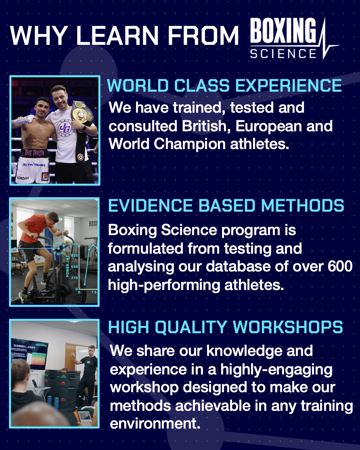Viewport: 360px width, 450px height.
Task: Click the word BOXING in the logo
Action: (x=283, y=31)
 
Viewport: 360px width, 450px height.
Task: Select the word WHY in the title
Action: (x=39, y=35)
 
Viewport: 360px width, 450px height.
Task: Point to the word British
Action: (x=204, y=126)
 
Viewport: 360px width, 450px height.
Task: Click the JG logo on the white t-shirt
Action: (x=65, y=128)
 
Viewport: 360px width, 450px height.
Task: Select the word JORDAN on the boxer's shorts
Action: (x=23, y=178)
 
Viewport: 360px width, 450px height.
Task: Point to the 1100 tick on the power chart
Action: (x=74, y=244)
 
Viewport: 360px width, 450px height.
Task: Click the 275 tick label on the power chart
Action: (x=75, y=278)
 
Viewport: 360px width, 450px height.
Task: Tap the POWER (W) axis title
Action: (x=68, y=267)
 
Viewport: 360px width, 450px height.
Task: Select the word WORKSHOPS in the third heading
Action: (x=288, y=327)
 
